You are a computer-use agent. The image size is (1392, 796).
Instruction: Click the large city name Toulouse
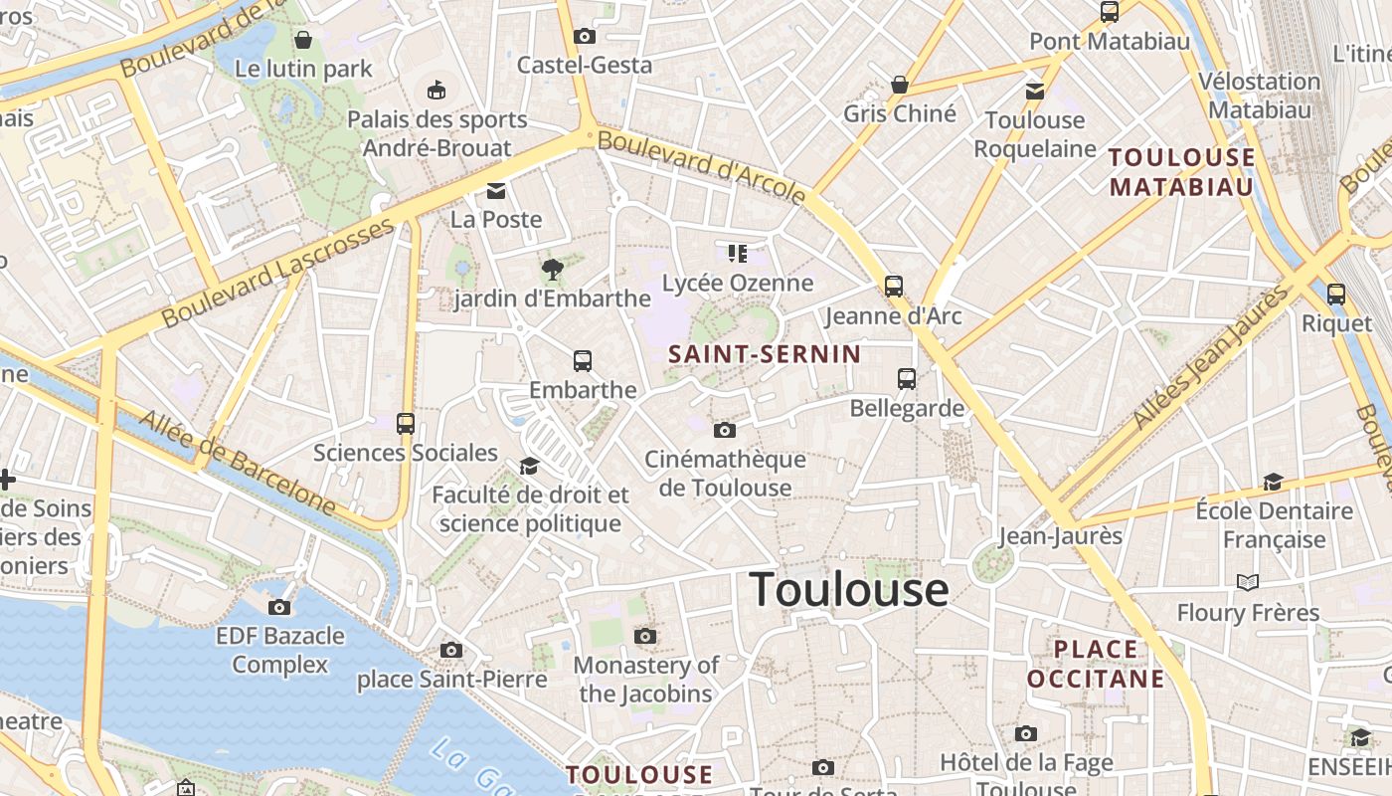point(848,589)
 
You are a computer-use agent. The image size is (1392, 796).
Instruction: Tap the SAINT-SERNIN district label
point(765,354)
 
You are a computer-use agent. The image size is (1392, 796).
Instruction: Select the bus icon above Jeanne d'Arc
point(894,287)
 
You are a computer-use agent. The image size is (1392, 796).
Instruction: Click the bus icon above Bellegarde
point(907,378)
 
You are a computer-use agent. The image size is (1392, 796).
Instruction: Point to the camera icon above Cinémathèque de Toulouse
point(725,430)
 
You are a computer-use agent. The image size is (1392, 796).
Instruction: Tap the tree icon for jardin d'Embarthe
point(552,268)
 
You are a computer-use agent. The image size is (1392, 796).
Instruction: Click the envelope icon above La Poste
point(496,190)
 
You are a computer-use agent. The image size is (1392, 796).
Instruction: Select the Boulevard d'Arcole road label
point(701,166)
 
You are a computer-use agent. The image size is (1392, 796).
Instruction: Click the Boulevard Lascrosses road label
point(278,274)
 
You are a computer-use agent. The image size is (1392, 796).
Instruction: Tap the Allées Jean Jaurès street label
point(1210,358)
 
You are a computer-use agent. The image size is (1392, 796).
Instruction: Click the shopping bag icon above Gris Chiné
point(900,85)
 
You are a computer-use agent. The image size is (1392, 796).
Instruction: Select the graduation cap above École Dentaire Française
point(1273,483)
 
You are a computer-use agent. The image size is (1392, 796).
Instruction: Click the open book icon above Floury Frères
point(1248,582)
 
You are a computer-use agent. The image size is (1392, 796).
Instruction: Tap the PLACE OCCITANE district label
point(1096,664)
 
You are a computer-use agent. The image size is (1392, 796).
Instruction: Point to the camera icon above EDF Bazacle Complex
point(279,607)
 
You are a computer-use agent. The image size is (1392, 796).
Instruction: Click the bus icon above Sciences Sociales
point(405,424)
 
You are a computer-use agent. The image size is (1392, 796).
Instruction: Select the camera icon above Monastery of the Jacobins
point(645,636)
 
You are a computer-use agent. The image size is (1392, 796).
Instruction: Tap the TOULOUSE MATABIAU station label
point(1182,172)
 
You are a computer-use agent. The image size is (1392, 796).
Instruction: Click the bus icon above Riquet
point(1336,295)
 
